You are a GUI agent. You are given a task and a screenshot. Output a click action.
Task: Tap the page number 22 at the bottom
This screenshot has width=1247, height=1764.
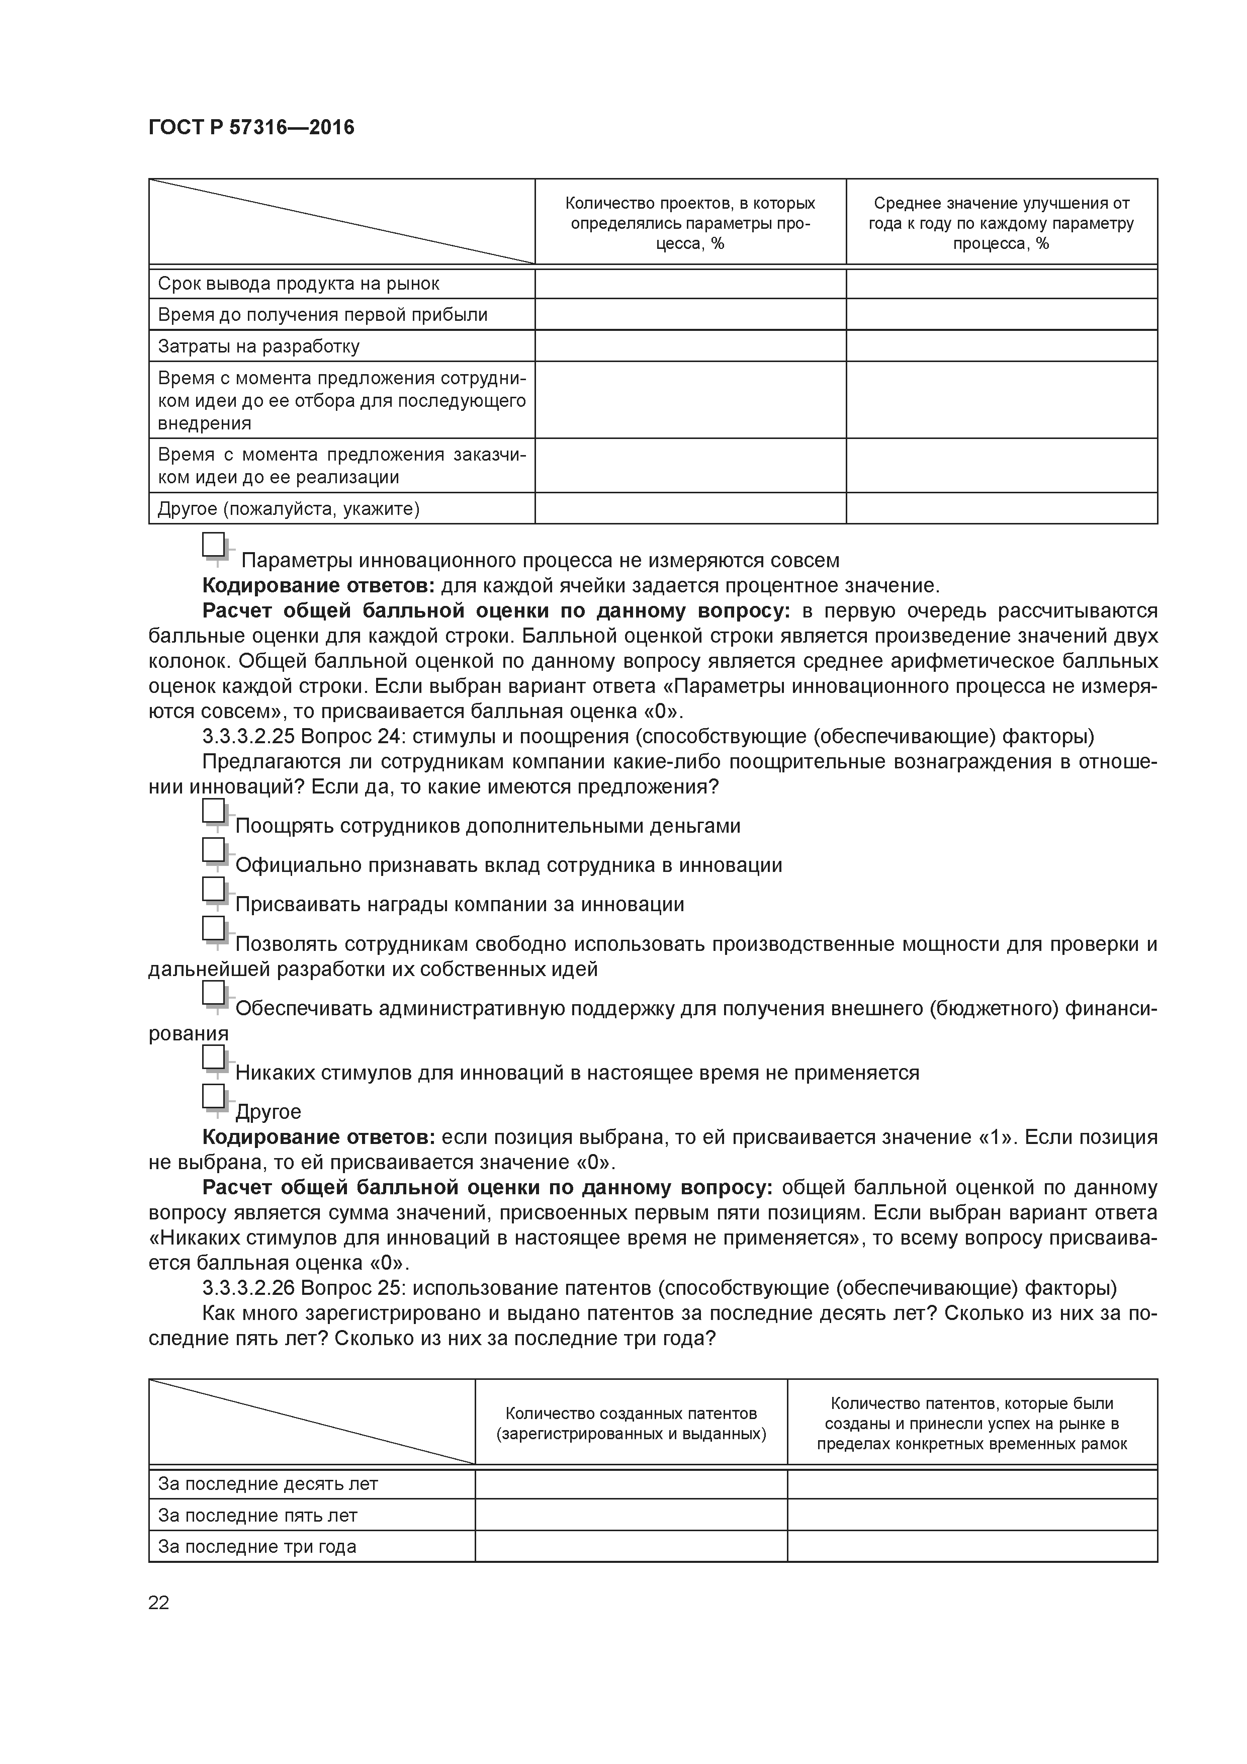pyautogui.click(x=158, y=1603)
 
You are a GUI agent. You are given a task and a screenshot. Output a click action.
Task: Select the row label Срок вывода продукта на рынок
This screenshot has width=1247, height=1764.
pyautogui.click(x=298, y=284)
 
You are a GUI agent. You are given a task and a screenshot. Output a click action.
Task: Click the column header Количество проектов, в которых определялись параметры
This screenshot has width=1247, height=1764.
pyautogui.click(x=689, y=223)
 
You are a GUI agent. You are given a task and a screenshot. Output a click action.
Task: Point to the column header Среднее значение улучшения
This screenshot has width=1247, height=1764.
pyautogui.click(x=1001, y=223)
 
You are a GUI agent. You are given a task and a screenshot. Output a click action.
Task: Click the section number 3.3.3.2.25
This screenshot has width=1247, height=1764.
pyautogui.click(x=248, y=737)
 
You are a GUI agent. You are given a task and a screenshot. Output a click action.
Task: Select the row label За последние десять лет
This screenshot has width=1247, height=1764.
pyautogui.click(x=268, y=1483)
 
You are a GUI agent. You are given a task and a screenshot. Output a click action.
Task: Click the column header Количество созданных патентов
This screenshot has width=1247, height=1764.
pyautogui.click(x=631, y=1424)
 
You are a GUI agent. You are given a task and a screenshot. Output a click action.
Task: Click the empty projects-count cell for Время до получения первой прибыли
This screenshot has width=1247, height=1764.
pyautogui.click(x=689, y=315)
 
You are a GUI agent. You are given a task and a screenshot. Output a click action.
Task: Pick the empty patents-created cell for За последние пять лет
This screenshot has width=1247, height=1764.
pyautogui.click(x=631, y=1515)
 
